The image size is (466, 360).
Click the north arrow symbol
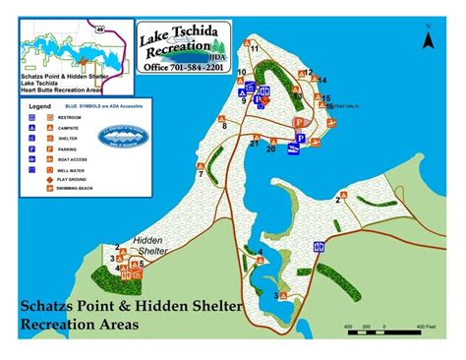428,39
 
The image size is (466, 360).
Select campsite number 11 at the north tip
254,48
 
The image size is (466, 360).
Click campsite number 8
224,126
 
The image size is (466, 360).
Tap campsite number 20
270,150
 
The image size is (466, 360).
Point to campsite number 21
255,144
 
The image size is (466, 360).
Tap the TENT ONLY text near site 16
349,106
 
